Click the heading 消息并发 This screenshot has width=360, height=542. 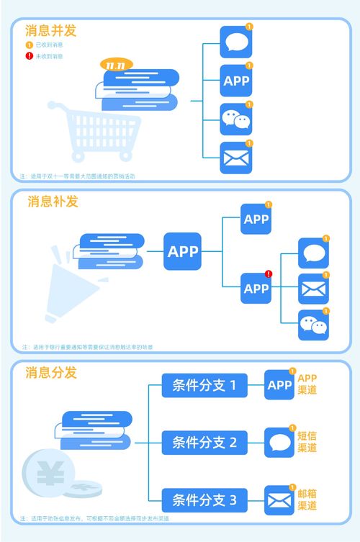pos(50,31)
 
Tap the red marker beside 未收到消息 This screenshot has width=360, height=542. pos(30,56)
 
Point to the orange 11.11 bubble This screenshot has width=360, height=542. pos(117,65)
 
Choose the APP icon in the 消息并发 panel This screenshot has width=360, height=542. pos(235,81)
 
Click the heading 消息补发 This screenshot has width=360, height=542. pos(53,202)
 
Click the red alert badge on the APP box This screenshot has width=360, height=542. pos(268,274)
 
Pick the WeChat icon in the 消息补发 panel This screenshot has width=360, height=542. pos(313,325)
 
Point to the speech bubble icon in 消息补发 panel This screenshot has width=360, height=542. pos(313,253)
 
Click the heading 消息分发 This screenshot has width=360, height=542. pos(50,373)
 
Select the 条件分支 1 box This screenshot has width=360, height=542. pos(204,386)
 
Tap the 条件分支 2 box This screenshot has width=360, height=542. pos(204,443)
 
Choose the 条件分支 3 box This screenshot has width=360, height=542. pos(204,500)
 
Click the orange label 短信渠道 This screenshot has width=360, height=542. pos(307,442)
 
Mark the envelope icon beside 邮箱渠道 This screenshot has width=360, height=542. pos(279,500)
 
